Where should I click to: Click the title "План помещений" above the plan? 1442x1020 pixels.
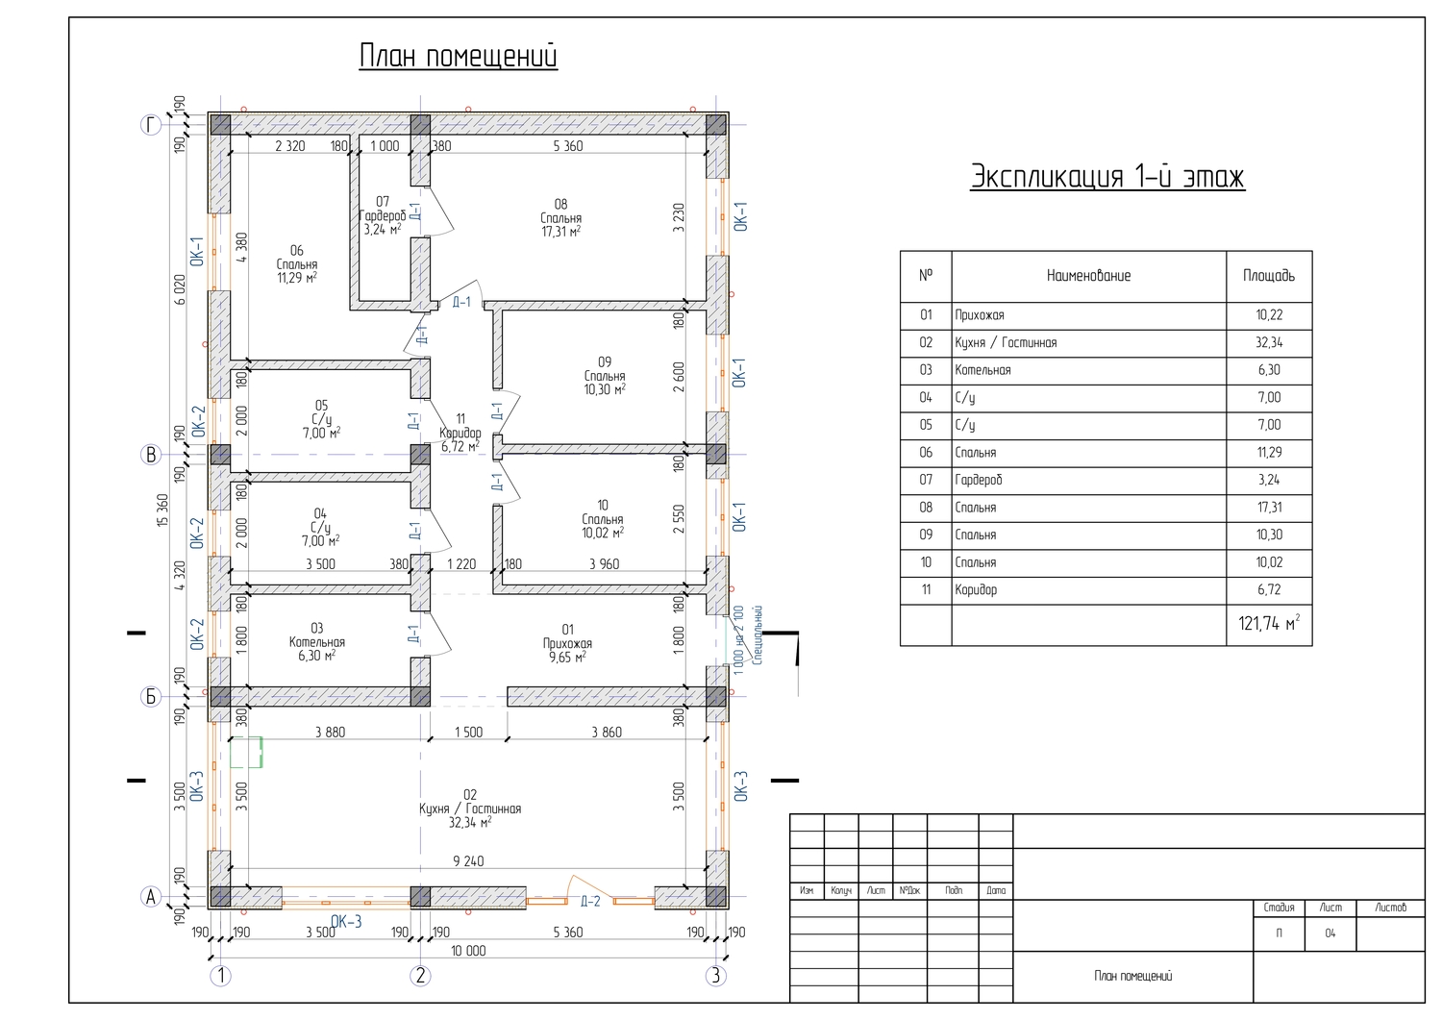tap(458, 56)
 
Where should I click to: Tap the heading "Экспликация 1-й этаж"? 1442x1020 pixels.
tap(1107, 177)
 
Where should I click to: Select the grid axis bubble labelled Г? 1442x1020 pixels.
tap(151, 125)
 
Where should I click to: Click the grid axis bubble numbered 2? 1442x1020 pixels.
tap(420, 976)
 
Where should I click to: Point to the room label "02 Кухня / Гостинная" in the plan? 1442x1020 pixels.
tap(470, 809)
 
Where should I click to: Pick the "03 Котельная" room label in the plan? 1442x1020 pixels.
tap(316, 642)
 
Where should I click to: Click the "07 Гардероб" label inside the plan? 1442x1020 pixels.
tap(383, 215)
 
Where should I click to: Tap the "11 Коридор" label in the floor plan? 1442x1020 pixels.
tap(460, 433)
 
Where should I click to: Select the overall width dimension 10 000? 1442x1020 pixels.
tap(469, 951)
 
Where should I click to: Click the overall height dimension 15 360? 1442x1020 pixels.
tap(162, 510)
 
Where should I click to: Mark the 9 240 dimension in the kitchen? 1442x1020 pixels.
tap(469, 861)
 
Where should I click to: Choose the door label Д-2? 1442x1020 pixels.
tap(590, 902)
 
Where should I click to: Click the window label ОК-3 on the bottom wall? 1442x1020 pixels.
tap(346, 922)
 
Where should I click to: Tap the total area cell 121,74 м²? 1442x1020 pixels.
tap(1269, 623)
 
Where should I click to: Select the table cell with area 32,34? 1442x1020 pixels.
tap(1269, 342)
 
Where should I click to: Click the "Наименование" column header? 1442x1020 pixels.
tap(1088, 276)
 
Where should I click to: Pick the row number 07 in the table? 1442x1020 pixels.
tap(926, 480)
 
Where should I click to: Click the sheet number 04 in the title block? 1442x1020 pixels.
tap(1330, 933)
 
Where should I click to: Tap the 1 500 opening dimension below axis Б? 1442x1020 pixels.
tap(469, 733)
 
